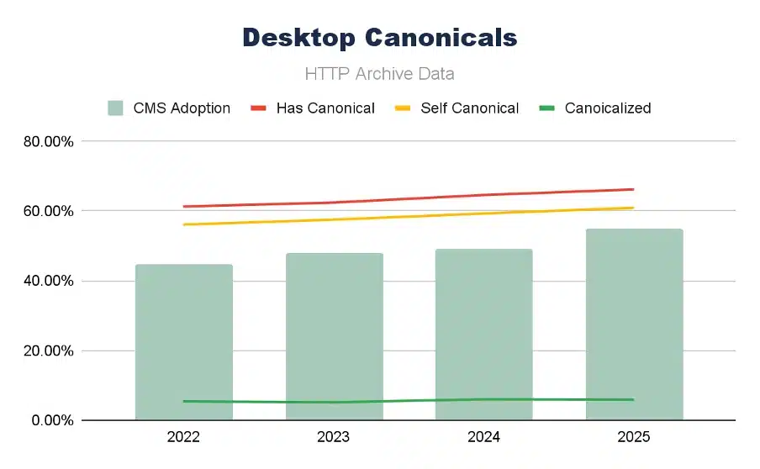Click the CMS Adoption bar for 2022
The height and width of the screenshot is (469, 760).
(183, 342)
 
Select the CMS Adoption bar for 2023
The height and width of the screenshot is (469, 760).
(334, 336)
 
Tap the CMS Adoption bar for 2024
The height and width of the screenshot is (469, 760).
(483, 335)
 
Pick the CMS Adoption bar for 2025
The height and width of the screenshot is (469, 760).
(634, 324)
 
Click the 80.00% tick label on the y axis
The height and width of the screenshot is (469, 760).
(49, 141)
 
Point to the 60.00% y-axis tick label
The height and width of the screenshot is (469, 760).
(49, 211)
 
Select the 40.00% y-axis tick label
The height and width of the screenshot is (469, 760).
(49, 281)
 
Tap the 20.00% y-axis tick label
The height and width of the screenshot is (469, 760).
(49, 350)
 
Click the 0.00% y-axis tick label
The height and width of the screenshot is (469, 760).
(52, 420)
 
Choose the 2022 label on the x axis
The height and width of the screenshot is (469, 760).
(183, 437)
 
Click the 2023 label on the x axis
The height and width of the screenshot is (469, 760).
(334, 437)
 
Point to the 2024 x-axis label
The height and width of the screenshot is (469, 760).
(483, 437)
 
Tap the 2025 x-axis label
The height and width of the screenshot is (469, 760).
(634, 437)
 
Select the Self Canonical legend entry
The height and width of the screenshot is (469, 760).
(469, 108)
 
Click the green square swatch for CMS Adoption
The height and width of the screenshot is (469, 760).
(116, 108)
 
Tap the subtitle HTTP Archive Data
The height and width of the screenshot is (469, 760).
(379, 74)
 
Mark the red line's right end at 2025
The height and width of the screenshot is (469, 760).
(632, 189)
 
